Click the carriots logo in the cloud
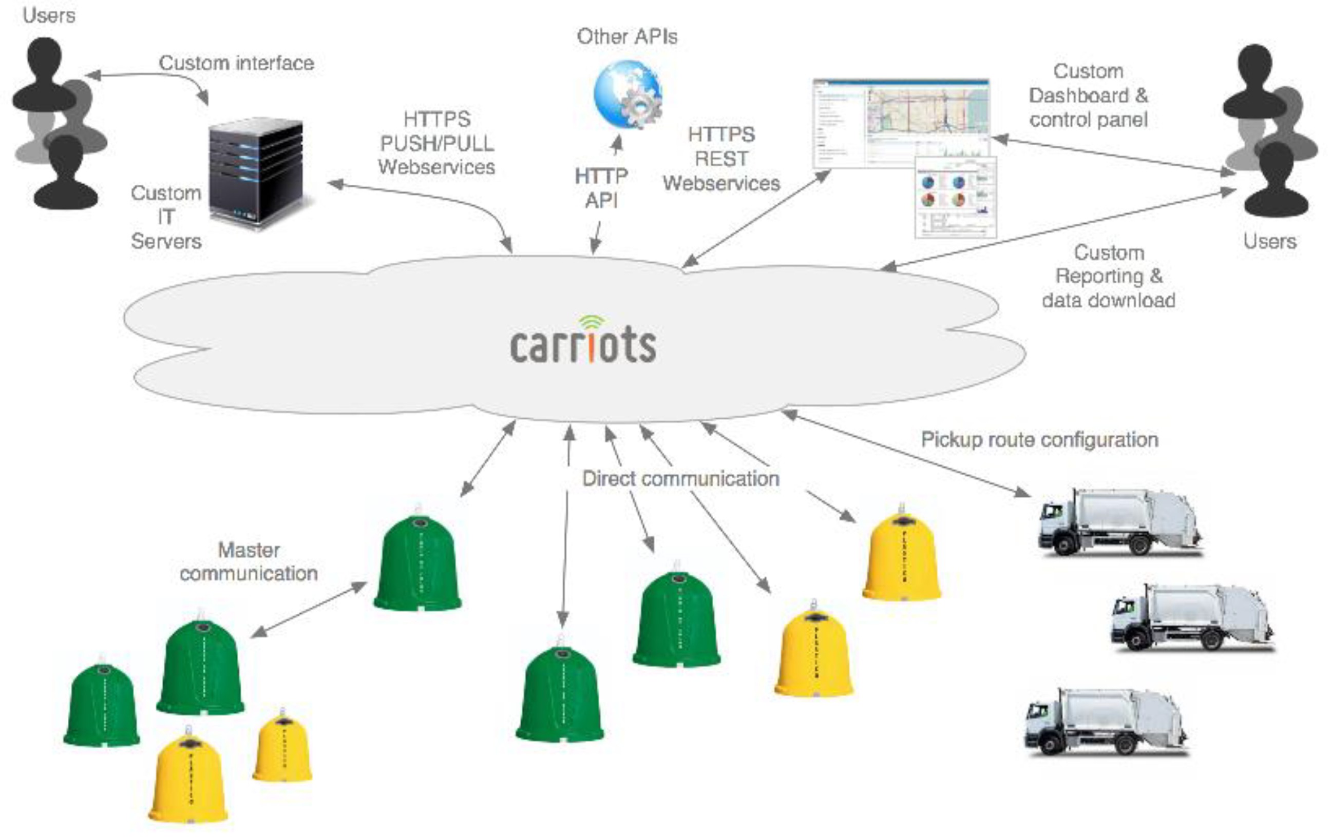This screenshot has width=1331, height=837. coord(583,342)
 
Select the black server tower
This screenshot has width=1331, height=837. coord(256,172)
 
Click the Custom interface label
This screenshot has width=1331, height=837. coord(237,63)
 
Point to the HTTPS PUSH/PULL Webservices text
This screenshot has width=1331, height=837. coord(436,143)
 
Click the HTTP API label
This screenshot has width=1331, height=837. coord(601,188)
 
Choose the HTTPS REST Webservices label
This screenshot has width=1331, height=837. coord(721,159)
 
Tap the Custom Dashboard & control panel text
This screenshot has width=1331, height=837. coord(1088,95)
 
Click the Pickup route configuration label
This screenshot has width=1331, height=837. coord(1039,440)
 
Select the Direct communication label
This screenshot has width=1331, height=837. coord(680,478)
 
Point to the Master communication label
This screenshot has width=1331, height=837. coord(249,562)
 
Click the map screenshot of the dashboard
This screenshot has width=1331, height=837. coord(901,123)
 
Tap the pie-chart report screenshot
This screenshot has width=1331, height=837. coord(956,197)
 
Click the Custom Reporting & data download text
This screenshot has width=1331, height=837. coord(1109,276)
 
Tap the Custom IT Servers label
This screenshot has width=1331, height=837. coord(166,217)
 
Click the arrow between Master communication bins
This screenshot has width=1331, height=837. coord(309,610)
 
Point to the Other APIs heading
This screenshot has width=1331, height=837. coord(627,36)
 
